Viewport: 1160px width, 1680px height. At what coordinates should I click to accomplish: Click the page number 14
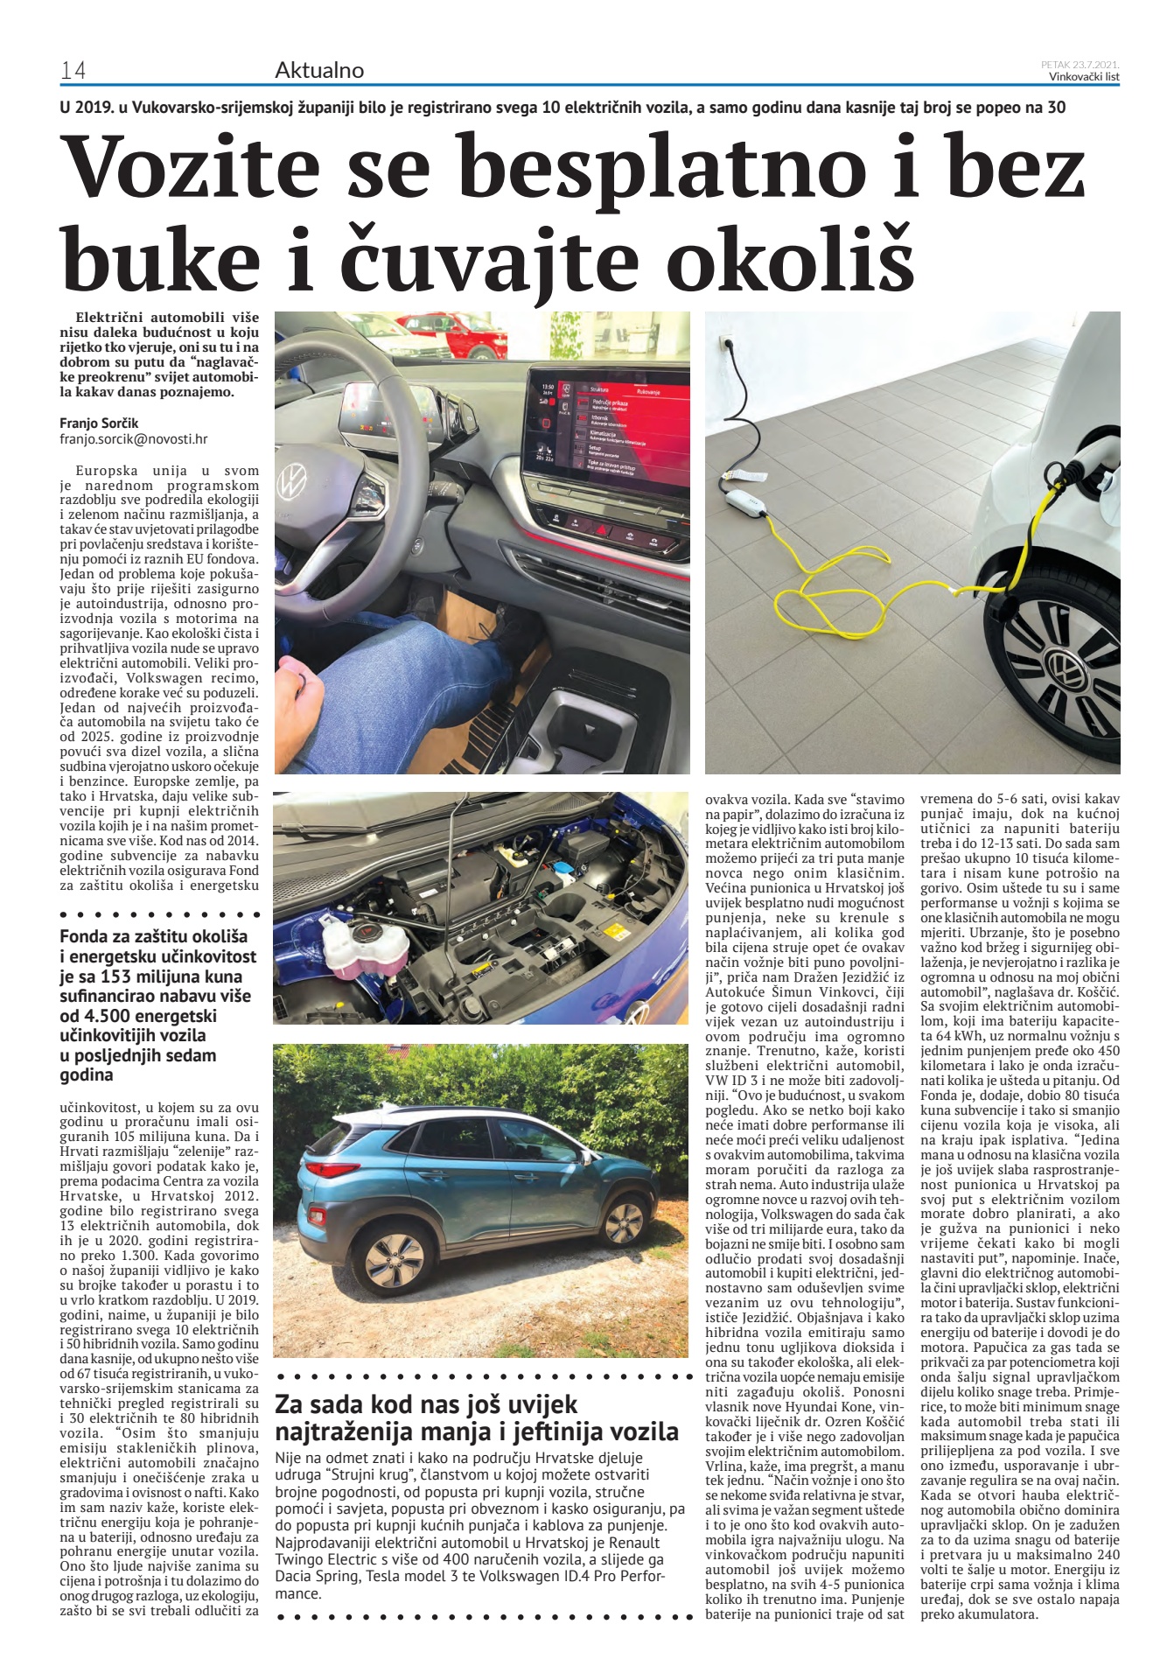click(73, 71)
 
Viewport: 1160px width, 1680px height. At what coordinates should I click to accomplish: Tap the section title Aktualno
click(319, 70)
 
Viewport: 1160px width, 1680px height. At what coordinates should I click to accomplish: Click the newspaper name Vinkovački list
click(1084, 76)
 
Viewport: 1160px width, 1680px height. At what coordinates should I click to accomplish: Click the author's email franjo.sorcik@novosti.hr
click(134, 440)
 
